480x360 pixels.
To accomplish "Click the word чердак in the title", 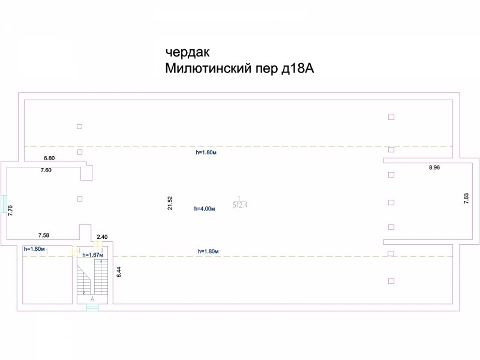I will [x=187, y=52].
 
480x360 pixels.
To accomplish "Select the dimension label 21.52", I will [x=170, y=203].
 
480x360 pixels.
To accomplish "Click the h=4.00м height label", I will [x=205, y=209].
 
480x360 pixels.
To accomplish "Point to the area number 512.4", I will [x=240, y=205].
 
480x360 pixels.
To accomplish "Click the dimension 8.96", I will [x=434, y=168].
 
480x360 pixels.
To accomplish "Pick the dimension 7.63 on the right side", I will [x=466, y=199].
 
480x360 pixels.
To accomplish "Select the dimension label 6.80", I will [x=49, y=158].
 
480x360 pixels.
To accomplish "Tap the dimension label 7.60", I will [x=46, y=170].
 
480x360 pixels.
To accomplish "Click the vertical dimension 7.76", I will [x=10, y=210].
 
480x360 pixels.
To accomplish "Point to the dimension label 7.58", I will [x=44, y=235].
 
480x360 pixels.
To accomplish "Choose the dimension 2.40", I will [x=102, y=237].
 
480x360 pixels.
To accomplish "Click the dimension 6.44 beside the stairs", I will [x=119, y=271].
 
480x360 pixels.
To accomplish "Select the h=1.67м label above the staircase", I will [x=93, y=255].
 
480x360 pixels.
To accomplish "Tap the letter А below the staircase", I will [x=92, y=298].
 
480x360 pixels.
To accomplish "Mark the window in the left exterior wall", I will [x=4, y=203].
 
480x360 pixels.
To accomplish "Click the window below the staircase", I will [x=92, y=308].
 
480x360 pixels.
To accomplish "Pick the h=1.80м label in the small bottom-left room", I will [x=34, y=248].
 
